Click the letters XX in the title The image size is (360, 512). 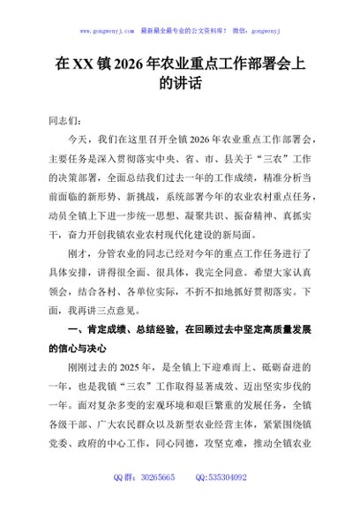[83, 64]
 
